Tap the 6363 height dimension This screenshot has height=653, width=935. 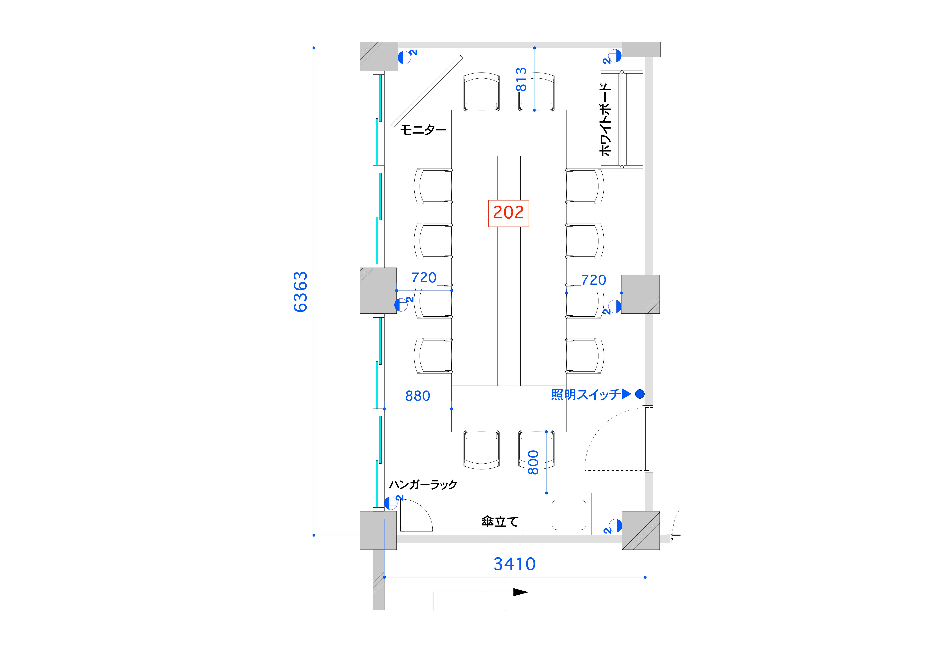tap(301, 292)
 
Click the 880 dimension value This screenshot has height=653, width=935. tap(417, 396)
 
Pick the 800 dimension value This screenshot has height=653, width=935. tap(533, 462)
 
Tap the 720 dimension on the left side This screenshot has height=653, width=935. tap(424, 277)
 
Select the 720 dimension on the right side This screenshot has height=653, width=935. tap(593, 280)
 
